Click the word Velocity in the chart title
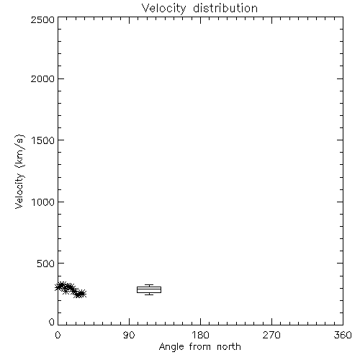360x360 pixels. click(x=163, y=9)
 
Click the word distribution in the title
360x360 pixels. click(x=225, y=8)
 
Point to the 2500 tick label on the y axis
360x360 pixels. click(x=42, y=19)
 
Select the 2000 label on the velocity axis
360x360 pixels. click(x=42, y=78)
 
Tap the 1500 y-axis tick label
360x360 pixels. click(x=43, y=140)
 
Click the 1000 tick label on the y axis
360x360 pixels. click(x=43, y=202)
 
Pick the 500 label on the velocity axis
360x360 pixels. click(x=46, y=264)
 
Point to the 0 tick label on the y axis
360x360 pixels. click(x=52, y=322)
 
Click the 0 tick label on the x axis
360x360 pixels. click(x=58, y=335)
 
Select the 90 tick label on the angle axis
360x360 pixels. click(x=129, y=335)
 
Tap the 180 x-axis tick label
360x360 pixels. click(x=200, y=335)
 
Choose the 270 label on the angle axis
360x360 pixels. click(x=271, y=335)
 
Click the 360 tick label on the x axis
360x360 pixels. click(x=343, y=335)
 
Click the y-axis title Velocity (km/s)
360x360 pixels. click(x=19, y=171)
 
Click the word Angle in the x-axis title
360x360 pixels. click(x=171, y=347)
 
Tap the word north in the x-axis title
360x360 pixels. click(x=229, y=346)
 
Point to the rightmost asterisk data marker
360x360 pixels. click(x=82, y=294)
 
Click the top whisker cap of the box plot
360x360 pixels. click(x=149, y=285)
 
